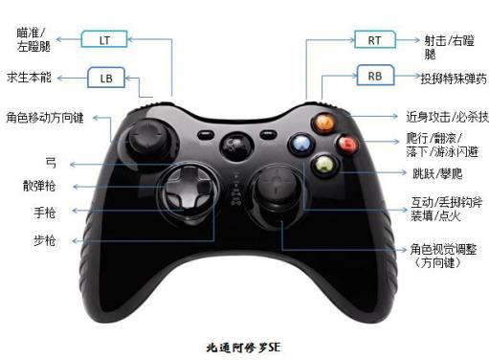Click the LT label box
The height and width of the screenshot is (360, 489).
click(105, 39)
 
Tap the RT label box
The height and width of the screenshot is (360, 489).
click(373, 39)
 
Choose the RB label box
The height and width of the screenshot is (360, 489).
click(375, 75)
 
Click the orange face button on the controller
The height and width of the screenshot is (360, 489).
click(325, 123)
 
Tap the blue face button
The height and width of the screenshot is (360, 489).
click(302, 145)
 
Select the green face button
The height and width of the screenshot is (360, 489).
click(326, 165)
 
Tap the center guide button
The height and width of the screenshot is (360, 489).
click(232, 147)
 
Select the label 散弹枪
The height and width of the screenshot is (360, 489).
click(39, 184)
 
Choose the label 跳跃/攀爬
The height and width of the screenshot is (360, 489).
click(435, 173)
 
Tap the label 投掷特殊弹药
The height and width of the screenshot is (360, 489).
click(454, 78)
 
